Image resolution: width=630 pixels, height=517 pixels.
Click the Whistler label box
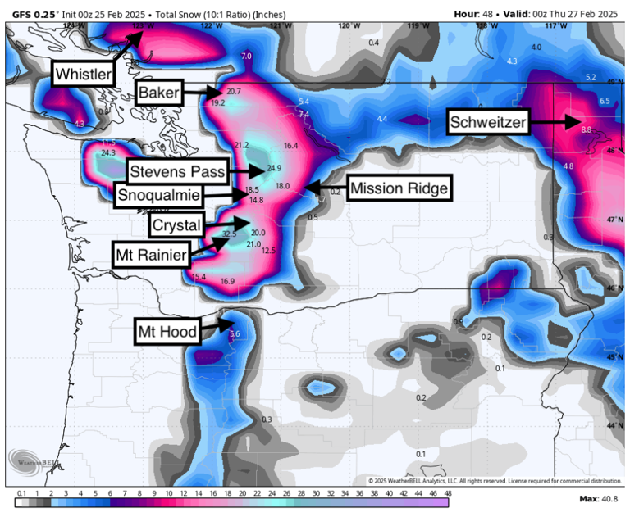click(x=84, y=75)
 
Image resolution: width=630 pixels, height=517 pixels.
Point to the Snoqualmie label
click(x=158, y=196)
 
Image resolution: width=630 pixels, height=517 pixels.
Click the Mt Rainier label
click(x=149, y=255)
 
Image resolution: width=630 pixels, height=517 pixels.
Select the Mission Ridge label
click(x=399, y=189)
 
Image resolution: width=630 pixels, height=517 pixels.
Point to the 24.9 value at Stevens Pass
click(x=274, y=169)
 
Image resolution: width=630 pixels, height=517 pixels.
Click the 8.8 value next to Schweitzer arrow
click(x=586, y=129)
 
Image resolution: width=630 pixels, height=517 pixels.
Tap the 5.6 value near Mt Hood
click(x=235, y=333)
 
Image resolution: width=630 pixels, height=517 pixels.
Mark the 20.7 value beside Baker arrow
click(x=234, y=91)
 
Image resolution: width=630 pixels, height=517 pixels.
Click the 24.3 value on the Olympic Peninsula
click(x=108, y=152)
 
